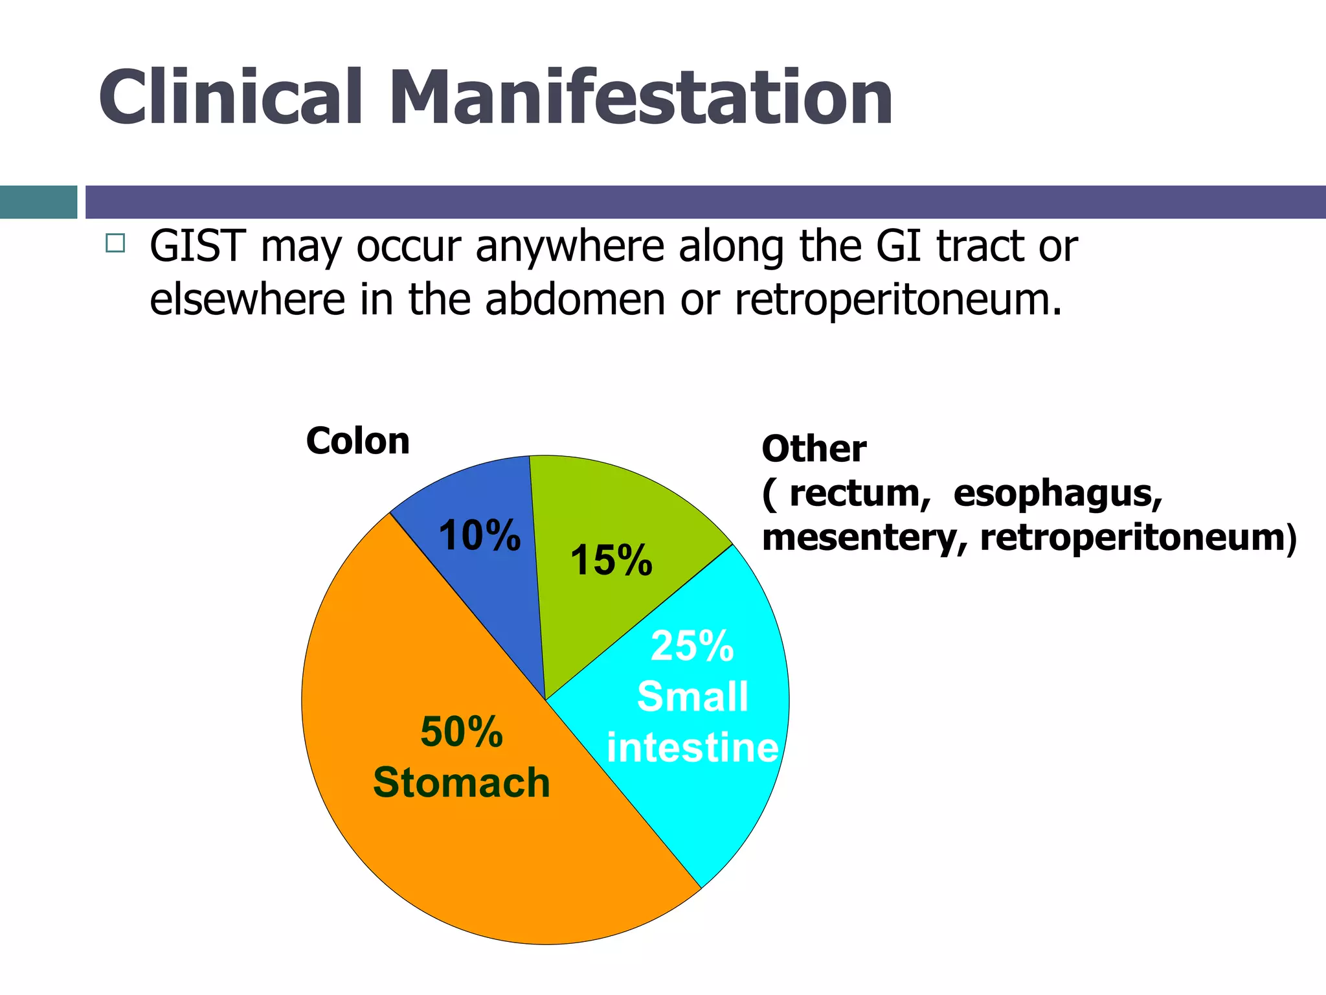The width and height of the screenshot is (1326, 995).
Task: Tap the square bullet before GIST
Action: point(115,244)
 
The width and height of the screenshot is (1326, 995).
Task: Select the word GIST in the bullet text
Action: point(197,247)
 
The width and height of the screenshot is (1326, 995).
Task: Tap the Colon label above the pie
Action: point(357,441)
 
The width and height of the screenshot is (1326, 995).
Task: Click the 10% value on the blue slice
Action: point(479,536)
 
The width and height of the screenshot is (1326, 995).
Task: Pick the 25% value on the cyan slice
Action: point(692,646)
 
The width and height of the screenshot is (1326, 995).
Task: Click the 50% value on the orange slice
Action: point(461,732)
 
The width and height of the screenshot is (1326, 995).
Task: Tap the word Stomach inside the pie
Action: point(461,783)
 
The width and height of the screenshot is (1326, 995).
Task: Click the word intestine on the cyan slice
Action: point(692,748)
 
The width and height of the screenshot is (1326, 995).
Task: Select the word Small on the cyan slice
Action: point(692,697)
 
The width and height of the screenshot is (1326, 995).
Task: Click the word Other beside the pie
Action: point(814,449)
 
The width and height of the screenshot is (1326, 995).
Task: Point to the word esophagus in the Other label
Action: point(1057,494)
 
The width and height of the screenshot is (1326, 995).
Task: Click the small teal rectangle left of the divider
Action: point(38,202)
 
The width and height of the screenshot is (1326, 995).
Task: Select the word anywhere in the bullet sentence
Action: point(570,248)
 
